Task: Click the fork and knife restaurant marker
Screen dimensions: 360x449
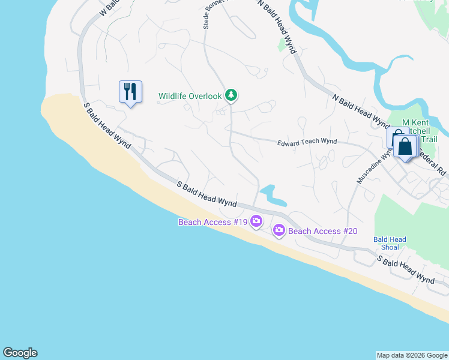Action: click(x=130, y=92)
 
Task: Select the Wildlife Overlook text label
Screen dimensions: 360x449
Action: click(x=190, y=96)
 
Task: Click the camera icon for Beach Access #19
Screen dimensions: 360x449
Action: click(x=256, y=221)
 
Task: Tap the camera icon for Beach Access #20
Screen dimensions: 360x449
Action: click(x=279, y=230)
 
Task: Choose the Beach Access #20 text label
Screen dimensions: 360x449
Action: click(x=323, y=231)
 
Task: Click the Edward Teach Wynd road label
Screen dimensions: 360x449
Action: click(x=306, y=143)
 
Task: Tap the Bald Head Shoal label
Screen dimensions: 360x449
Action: click(x=390, y=243)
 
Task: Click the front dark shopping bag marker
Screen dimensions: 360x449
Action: click(x=406, y=147)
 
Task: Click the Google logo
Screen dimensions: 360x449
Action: click(x=20, y=353)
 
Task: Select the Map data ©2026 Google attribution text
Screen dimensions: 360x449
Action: click(x=412, y=355)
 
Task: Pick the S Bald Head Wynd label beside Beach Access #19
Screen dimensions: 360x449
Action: click(x=206, y=194)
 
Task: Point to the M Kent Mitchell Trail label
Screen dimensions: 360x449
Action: click(x=420, y=131)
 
